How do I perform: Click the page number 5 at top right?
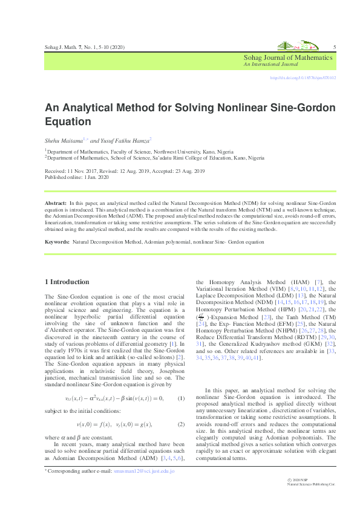[335, 47]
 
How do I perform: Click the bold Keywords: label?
[59, 242]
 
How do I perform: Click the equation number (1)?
[180, 398]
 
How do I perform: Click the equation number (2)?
[180, 425]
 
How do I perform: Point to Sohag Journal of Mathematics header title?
[288, 57]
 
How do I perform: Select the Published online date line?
[76, 178]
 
